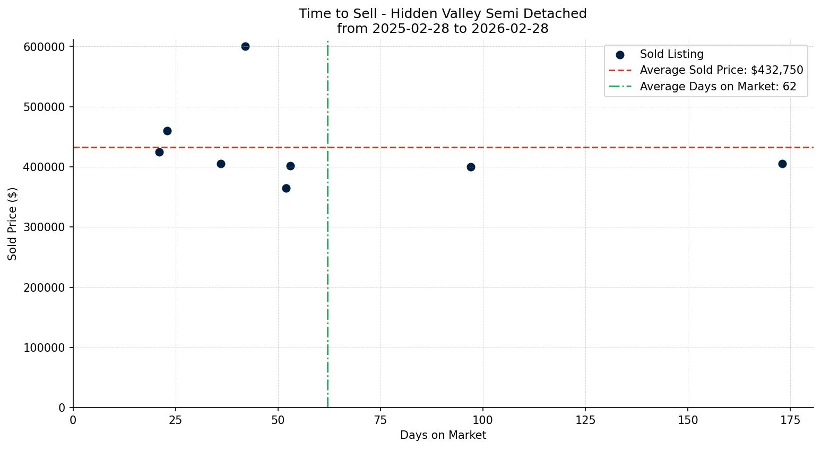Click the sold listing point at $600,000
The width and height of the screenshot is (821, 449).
[245, 47]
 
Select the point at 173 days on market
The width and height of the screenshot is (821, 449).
[782, 164]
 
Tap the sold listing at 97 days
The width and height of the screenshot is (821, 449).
[471, 167]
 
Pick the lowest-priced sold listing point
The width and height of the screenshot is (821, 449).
[286, 188]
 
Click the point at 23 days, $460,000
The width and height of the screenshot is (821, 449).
[167, 131]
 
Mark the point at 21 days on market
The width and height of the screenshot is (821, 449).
[159, 152]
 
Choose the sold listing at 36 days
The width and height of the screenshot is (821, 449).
[221, 164]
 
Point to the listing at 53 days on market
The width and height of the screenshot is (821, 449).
[290, 166]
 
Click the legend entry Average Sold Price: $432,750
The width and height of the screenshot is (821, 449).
[721, 70]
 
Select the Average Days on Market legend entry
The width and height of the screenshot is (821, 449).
[718, 87]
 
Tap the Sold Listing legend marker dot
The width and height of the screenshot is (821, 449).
[620, 55]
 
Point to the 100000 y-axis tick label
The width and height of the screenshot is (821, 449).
[44, 348]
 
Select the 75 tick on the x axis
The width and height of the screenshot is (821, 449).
[381, 420]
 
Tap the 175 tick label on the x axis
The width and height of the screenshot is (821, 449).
[790, 420]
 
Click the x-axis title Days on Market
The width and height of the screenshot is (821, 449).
[443, 435]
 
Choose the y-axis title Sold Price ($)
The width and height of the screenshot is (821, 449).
[12, 224]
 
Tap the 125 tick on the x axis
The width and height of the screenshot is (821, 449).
[585, 420]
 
